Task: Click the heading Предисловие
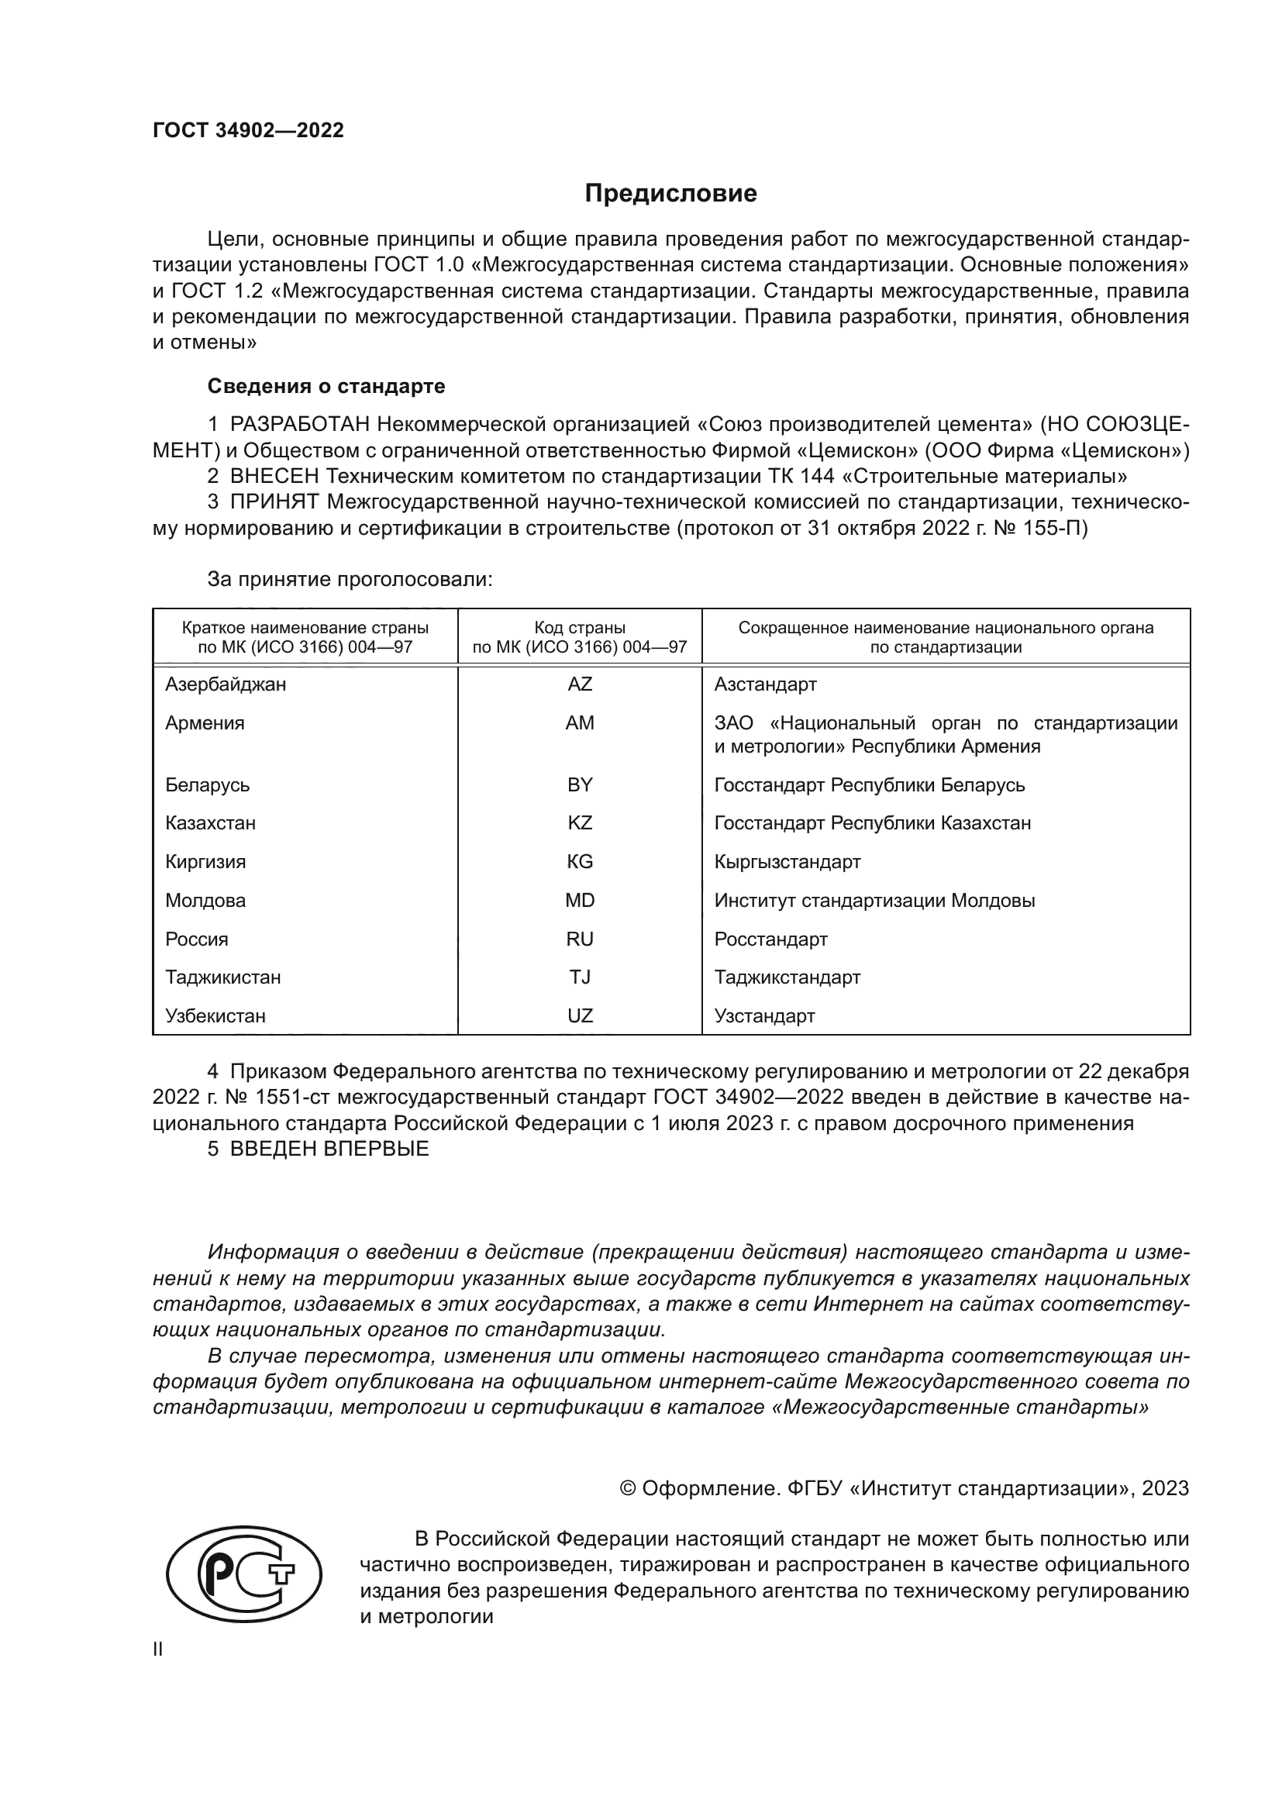670,194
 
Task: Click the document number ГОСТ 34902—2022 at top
248,131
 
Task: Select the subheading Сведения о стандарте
326,386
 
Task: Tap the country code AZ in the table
580,684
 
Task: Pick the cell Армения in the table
205,723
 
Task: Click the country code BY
580,785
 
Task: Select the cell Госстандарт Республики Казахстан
871,823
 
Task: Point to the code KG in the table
580,861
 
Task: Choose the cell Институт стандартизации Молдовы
874,900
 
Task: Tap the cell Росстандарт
770,939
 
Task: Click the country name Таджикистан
222,977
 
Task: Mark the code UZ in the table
580,1015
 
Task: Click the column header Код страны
580,628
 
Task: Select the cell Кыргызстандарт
787,861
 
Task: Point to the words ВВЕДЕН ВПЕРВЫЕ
329,1148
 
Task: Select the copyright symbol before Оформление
629,1488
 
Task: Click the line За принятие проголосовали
350,579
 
